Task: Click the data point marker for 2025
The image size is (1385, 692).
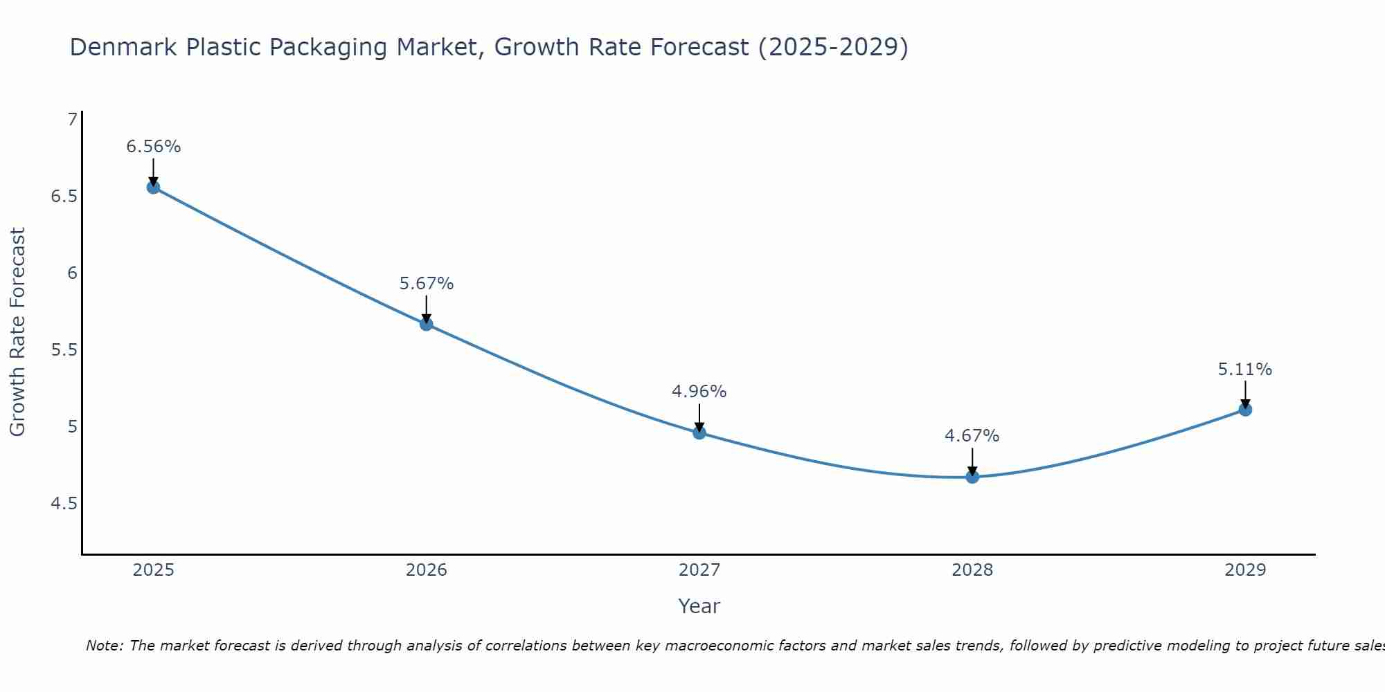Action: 153,187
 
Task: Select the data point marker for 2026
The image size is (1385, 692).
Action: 426,324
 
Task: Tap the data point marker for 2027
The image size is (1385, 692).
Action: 699,433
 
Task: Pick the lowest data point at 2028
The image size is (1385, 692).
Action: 972,477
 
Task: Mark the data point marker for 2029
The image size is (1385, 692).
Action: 1245,410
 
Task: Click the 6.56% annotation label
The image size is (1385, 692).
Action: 153,147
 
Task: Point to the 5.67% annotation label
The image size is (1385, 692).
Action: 426,284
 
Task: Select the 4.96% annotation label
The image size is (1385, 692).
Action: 699,392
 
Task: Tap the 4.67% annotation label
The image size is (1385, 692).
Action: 972,436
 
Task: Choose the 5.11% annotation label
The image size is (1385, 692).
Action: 1245,370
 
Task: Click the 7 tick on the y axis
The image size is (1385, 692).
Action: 72,120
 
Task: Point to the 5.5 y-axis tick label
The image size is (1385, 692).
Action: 64,350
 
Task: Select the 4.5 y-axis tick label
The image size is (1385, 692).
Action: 64,503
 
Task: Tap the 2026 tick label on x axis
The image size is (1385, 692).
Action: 426,570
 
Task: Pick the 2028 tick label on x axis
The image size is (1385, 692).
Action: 972,570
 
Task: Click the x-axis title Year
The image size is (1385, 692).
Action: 699,606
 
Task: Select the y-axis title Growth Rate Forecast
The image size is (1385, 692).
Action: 17,332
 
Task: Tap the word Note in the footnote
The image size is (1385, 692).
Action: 104,646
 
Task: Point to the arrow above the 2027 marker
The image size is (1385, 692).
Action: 699,417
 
